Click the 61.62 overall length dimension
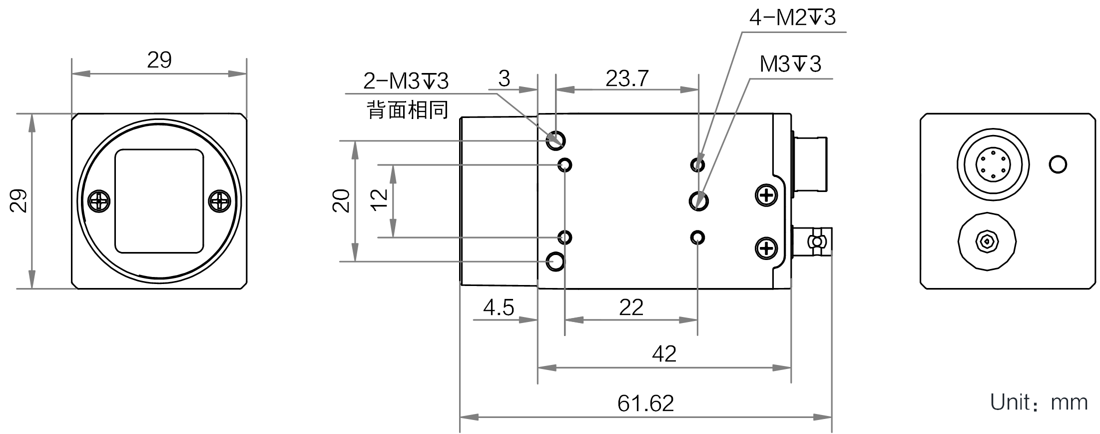pyautogui.click(x=645, y=403)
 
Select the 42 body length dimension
pyautogui.click(x=664, y=354)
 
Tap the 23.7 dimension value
pyautogui.click(x=627, y=78)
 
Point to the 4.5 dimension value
pyautogui.click(x=499, y=307)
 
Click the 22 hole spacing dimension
pyautogui.click(x=631, y=307)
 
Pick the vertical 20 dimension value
pyautogui.click(x=342, y=201)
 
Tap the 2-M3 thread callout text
pyautogui.click(x=406, y=81)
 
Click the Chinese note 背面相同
pyautogui.click(x=408, y=110)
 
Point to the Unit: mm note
pyautogui.click(x=1039, y=402)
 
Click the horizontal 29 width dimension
pyautogui.click(x=159, y=60)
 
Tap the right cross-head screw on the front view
pyautogui.click(x=219, y=201)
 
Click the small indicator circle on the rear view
pyautogui.click(x=1058, y=164)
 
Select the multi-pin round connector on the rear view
pyautogui.click(x=993, y=164)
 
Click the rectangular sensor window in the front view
pyautogui.click(x=159, y=201)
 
